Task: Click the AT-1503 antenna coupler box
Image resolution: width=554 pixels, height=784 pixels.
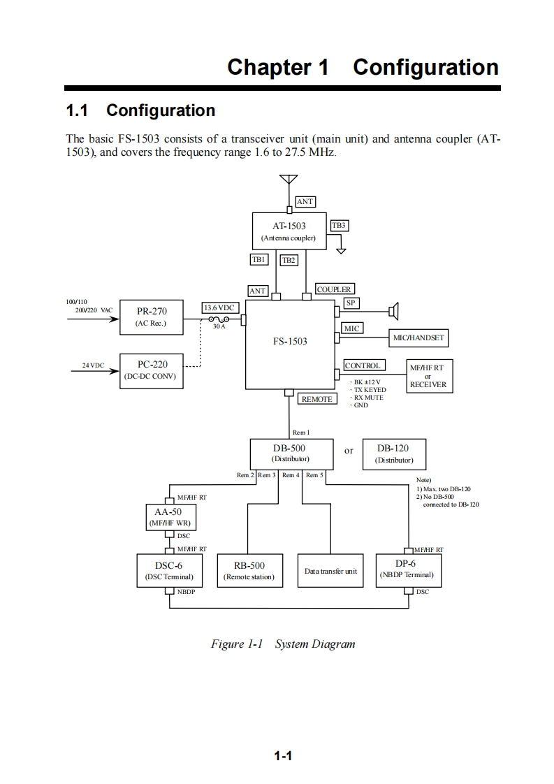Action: (x=289, y=231)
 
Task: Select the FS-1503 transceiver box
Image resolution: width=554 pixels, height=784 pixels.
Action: (x=290, y=343)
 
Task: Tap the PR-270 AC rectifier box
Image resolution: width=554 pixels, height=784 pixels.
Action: (x=151, y=317)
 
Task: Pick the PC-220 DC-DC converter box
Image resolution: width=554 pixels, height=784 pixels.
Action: (x=151, y=370)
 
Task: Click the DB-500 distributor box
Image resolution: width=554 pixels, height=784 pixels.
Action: (x=289, y=453)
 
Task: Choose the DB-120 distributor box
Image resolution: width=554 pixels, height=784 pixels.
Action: (x=394, y=453)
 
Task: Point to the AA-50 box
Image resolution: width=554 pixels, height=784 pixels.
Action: (x=168, y=517)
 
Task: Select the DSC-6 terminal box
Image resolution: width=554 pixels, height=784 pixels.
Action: (x=168, y=570)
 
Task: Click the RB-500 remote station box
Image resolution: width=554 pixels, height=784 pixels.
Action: (x=249, y=570)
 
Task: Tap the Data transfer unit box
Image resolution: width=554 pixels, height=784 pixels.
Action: (x=330, y=570)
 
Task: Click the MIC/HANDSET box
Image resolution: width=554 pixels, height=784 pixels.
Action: (x=418, y=338)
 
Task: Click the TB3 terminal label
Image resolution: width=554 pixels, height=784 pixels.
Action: (x=338, y=226)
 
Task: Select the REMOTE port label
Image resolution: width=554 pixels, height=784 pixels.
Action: (x=317, y=399)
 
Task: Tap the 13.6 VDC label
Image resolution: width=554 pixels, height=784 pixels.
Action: (x=219, y=307)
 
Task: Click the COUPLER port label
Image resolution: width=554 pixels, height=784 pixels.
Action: (x=334, y=289)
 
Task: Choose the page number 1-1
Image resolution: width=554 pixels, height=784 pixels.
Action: (x=282, y=755)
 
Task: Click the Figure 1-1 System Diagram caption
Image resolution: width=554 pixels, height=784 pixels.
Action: (x=283, y=644)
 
